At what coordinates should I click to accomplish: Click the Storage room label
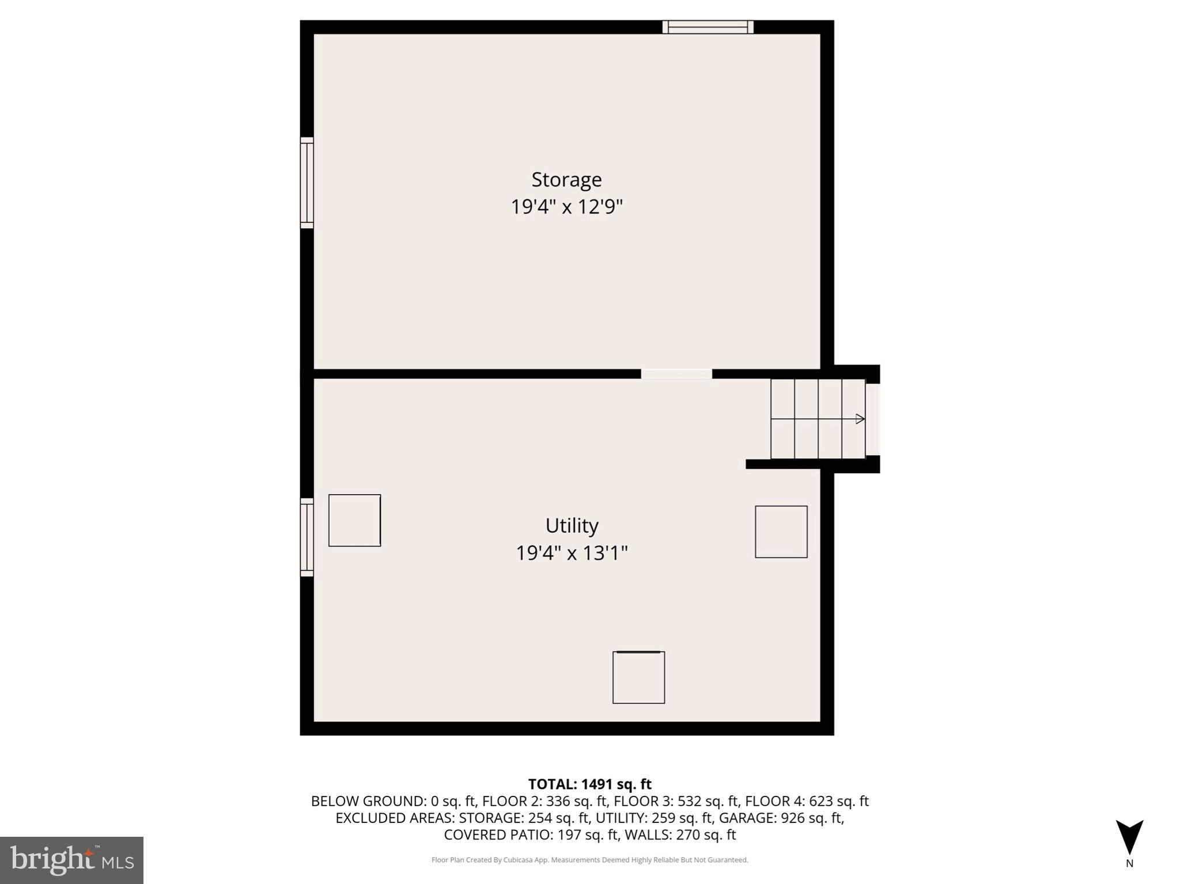[566, 180]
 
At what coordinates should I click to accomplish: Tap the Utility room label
[572, 526]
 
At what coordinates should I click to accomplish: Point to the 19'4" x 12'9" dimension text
[566, 207]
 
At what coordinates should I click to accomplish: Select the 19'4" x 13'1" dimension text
[572, 553]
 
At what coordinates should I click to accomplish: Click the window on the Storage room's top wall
[708, 27]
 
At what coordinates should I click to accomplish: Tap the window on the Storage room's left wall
[307, 183]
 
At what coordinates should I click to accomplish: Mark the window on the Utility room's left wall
[307, 537]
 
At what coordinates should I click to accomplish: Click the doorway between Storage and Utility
[676, 374]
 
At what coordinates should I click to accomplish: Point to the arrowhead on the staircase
[860, 419]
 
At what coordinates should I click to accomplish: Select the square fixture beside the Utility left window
[354, 520]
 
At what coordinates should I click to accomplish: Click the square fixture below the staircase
[781, 532]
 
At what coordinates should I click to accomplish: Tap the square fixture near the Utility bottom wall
[638, 677]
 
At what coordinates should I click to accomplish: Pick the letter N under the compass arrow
[1129, 863]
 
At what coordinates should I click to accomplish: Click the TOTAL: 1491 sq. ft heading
[589, 784]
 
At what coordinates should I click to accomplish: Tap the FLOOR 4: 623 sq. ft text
[807, 801]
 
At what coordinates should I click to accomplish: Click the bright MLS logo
[71, 860]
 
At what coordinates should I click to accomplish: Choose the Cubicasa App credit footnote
[589, 860]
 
